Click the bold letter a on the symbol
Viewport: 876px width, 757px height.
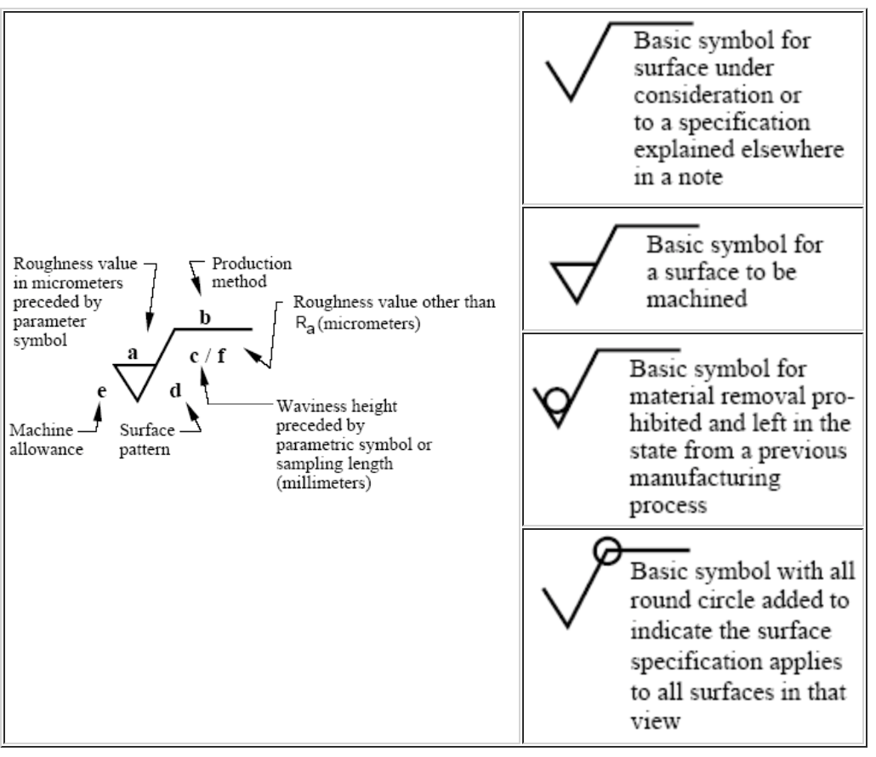[x=133, y=353]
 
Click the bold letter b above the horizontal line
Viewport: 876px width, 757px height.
[x=205, y=317]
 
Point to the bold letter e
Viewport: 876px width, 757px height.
[x=102, y=391]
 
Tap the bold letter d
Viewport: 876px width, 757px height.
[x=175, y=390]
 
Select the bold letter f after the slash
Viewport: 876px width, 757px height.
[x=221, y=356]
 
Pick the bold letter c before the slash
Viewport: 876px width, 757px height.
[x=194, y=356]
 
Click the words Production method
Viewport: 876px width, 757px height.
[x=252, y=272]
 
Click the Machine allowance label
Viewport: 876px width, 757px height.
[x=47, y=440]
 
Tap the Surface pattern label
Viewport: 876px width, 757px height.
[x=146, y=440]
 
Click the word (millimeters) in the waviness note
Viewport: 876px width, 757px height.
[x=323, y=482]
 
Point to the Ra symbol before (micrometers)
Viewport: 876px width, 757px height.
[x=304, y=325]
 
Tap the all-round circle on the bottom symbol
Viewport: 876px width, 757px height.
[x=607, y=551]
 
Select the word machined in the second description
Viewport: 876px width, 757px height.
[x=696, y=299]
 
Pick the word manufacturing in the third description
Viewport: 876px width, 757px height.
[x=704, y=479]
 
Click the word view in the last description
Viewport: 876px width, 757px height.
[x=656, y=720]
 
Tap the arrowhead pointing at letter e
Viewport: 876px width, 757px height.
[x=99, y=411]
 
